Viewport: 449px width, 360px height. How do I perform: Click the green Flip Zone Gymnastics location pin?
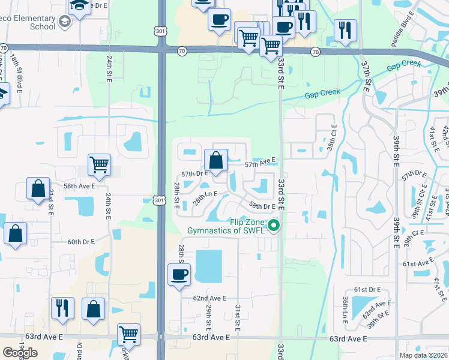[274, 226]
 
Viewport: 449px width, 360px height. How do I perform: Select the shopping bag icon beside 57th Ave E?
[216, 161]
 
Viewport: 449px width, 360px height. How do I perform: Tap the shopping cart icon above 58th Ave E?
[99, 164]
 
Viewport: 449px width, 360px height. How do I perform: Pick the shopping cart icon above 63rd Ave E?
[128, 334]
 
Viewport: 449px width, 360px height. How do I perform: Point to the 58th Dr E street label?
[262, 206]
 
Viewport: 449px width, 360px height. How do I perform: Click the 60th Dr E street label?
[82, 242]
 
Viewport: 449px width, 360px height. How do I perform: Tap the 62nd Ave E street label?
[209, 298]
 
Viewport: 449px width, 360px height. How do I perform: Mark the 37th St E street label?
[365, 75]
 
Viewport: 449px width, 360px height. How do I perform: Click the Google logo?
[20, 352]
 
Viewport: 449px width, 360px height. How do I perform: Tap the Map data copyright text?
[423, 355]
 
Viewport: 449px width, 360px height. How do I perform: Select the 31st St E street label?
[238, 318]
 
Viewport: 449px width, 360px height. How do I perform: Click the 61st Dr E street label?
[367, 289]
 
